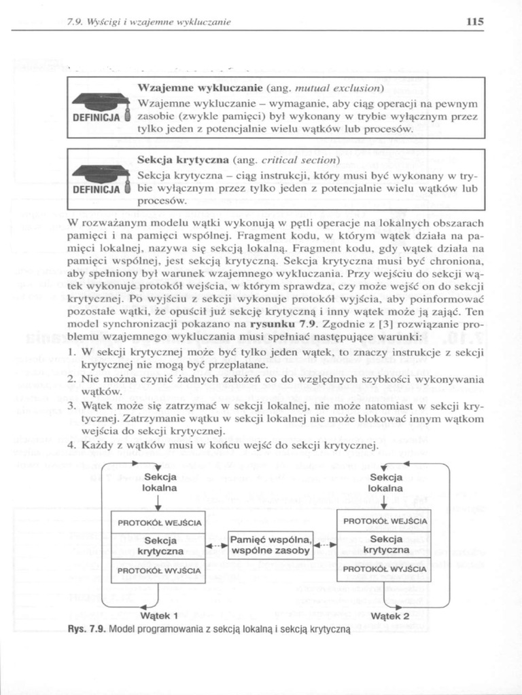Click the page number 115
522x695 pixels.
(x=474, y=22)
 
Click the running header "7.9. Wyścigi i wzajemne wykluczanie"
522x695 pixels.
(x=149, y=22)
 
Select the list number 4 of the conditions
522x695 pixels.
(x=73, y=445)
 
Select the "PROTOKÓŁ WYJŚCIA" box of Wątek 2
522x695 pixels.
(x=385, y=569)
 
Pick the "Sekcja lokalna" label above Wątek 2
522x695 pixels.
(x=385, y=483)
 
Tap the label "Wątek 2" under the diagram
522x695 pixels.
(x=390, y=616)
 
